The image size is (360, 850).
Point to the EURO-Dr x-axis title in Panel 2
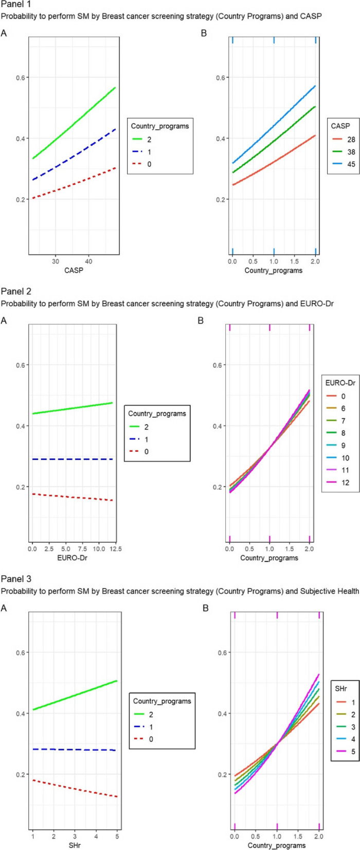click(73, 557)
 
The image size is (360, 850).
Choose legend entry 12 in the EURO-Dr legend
click(344, 483)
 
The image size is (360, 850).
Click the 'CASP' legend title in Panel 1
click(341, 126)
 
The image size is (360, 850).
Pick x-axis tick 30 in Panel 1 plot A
click(55, 261)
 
